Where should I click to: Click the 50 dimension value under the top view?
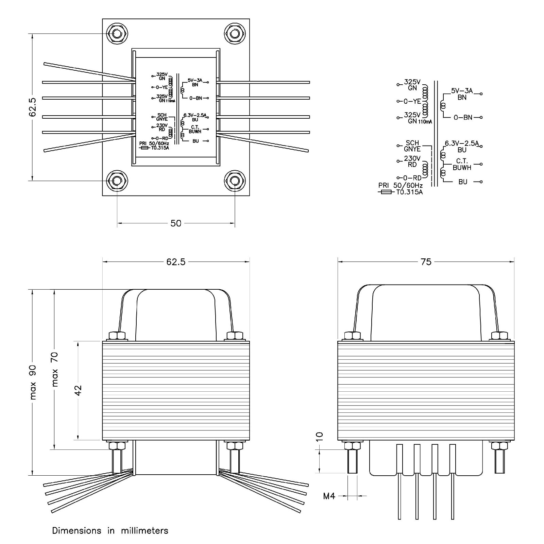[176, 223]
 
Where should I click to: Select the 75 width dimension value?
[426, 261]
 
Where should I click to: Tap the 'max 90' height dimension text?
[33, 382]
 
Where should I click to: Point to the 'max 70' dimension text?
[55, 369]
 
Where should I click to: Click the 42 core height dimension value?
[79, 390]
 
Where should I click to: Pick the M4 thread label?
[329, 496]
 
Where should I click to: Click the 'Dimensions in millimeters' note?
[110, 531]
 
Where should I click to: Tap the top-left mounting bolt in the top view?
[117, 34]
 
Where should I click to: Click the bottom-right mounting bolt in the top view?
[235, 181]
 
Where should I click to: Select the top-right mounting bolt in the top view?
[235, 34]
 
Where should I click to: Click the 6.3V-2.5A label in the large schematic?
[462, 143]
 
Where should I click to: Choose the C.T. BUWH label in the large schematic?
[462, 164]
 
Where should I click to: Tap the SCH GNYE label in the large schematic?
[412, 146]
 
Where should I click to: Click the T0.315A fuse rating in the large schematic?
[409, 192]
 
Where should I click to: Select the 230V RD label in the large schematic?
[412, 161]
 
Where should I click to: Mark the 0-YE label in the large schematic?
[412, 101]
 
